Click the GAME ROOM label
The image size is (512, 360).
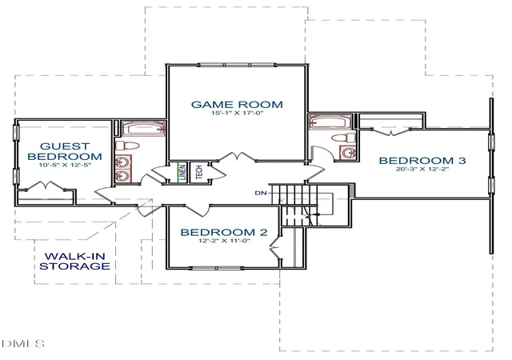(237, 105)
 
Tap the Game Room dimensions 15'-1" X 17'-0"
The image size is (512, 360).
(237, 114)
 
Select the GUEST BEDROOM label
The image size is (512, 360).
(65, 151)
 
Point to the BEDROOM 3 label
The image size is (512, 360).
(422, 160)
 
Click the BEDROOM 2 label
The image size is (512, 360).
(224, 232)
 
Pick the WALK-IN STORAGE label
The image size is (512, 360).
(74, 261)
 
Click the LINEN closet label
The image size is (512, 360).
(183, 172)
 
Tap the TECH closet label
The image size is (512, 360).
(199, 172)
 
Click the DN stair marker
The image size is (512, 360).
(261, 193)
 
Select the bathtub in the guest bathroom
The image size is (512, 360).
(143, 129)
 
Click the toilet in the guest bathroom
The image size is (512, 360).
(127, 146)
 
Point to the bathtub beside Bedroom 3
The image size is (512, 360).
(330, 122)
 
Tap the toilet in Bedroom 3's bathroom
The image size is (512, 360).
(343, 138)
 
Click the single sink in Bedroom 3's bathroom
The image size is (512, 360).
(348, 153)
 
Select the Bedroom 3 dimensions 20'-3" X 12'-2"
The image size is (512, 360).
(422, 170)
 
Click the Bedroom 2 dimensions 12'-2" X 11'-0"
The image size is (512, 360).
(224, 241)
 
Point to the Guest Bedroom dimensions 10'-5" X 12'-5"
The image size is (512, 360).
(65, 165)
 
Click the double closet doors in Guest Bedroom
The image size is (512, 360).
(46, 186)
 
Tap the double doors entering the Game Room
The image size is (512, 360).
(237, 157)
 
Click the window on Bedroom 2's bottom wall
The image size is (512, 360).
(217, 268)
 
